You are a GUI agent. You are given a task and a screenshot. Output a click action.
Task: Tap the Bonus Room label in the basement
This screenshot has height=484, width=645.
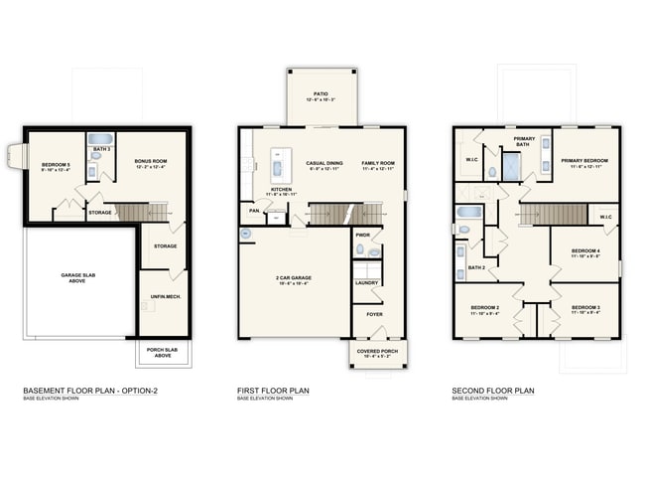click(151, 162)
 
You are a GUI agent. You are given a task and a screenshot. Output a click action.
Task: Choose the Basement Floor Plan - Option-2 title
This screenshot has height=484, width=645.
click(90, 391)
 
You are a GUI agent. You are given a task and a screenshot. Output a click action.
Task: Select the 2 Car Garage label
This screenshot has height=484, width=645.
click(294, 279)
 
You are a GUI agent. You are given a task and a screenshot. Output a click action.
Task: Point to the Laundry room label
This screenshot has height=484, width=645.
click(367, 283)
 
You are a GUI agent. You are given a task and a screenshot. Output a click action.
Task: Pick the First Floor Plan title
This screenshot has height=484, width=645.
click(273, 391)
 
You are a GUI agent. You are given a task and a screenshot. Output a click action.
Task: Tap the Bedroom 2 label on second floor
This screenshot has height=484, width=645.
click(486, 308)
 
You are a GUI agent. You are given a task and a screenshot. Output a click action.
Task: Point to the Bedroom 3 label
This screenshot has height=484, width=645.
click(585, 308)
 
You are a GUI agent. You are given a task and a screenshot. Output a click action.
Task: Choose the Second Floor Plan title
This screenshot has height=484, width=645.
click(493, 391)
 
